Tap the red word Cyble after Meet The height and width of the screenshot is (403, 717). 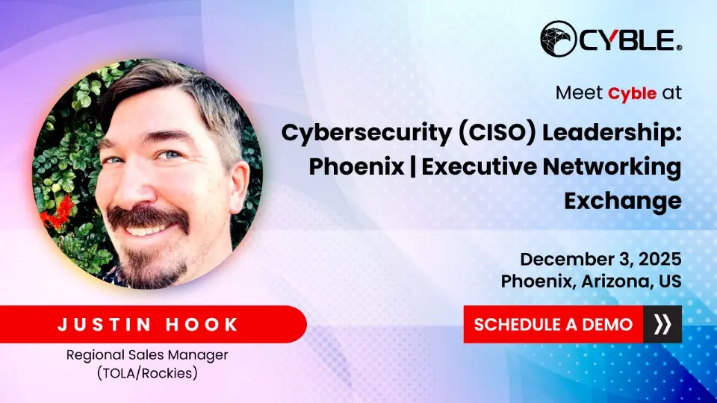click(x=633, y=94)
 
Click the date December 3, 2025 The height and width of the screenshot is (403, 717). click(x=600, y=259)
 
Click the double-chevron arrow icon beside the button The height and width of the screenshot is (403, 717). click(x=662, y=325)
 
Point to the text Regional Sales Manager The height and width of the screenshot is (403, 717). click(x=146, y=354)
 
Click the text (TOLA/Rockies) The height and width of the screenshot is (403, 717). click(x=146, y=372)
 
